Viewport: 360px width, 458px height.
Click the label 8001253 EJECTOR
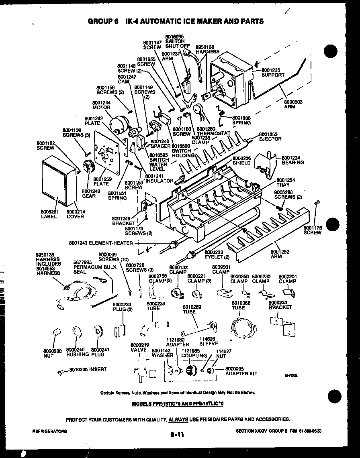270,136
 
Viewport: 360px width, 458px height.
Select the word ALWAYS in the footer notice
178,419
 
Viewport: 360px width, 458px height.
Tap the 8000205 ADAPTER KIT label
241,371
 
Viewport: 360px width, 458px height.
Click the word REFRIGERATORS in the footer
49,431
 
